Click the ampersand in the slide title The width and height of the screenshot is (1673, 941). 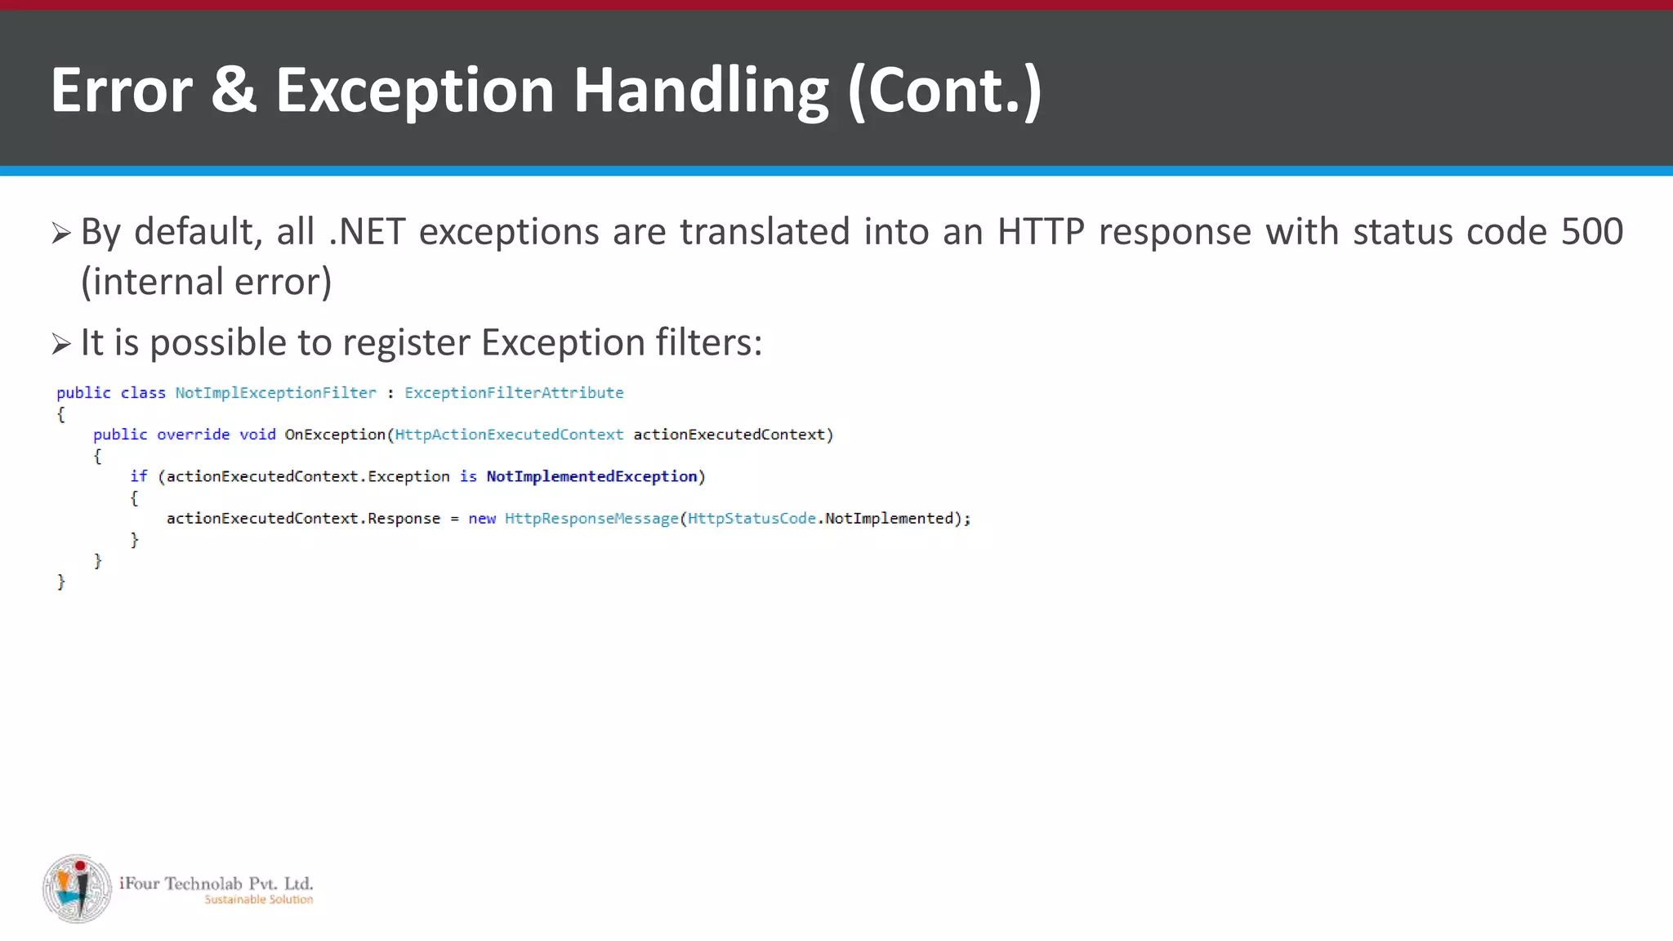pyautogui.click(x=234, y=90)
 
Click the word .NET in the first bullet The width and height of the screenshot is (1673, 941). pyautogui.click(x=367, y=232)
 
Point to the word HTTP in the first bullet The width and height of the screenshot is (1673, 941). pyautogui.click(x=1041, y=232)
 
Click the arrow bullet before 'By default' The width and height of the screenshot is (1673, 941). pyautogui.click(x=61, y=234)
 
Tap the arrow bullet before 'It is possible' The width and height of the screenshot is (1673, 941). pyautogui.click(x=61, y=344)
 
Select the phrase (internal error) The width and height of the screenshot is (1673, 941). pyautogui.click(x=206, y=282)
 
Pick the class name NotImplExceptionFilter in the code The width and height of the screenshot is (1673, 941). pyautogui.click(x=275, y=393)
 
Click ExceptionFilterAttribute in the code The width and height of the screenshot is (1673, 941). pyautogui.click(x=514, y=393)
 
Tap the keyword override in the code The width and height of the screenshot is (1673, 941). pyautogui.click(x=193, y=435)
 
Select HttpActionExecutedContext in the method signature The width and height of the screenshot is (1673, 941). pyautogui.click(x=509, y=435)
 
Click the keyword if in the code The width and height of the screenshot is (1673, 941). pyautogui.click(x=138, y=476)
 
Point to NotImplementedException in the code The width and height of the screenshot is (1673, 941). pyautogui.click(x=591, y=476)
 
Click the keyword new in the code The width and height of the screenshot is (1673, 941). pyautogui.click(x=482, y=519)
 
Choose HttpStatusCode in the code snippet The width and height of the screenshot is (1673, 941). pyautogui.click(x=752, y=519)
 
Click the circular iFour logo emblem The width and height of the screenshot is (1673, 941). pyautogui.click(x=77, y=889)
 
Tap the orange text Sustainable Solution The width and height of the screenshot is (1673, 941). pyautogui.click(x=258, y=899)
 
